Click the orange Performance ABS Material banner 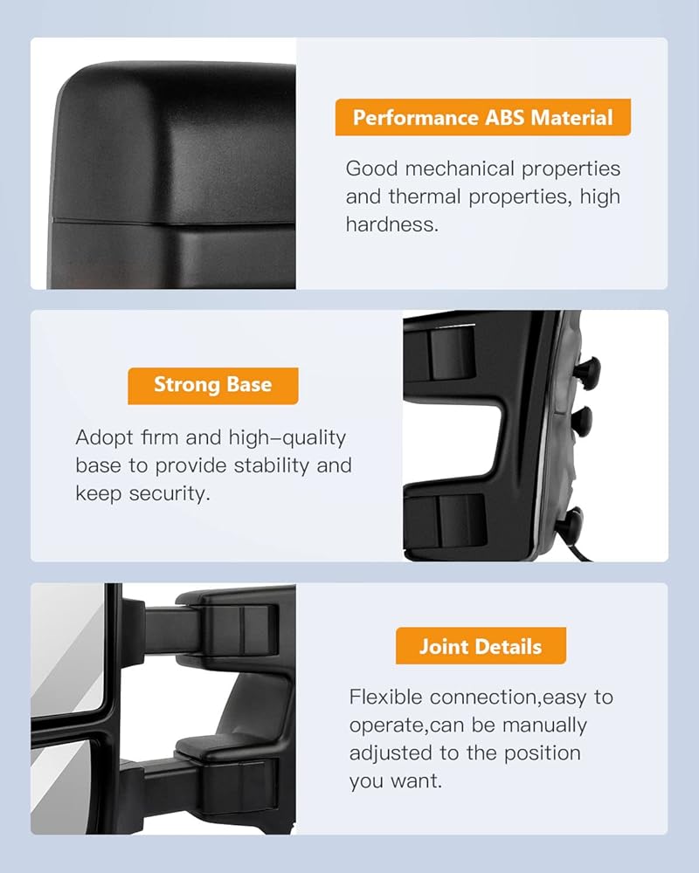(482, 118)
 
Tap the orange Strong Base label (213, 386)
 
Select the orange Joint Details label (481, 646)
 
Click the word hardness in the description (391, 224)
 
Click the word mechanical (460, 168)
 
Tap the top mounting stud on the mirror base (588, 368)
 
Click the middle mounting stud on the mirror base (583, 419)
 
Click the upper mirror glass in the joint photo (67, 650)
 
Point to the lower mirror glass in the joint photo (60, 785)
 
